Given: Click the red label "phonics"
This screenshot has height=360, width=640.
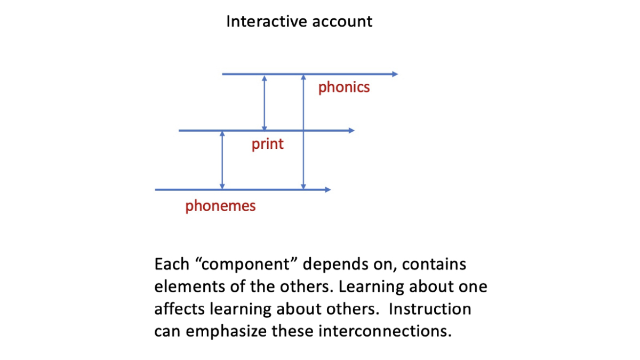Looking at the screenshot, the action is pyautogui.click(x=343, y=87).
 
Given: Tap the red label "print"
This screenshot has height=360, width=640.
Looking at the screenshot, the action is pyautogui.click(x=268, y=144).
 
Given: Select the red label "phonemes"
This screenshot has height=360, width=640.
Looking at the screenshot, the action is pyautogui.click(x=220, y=206).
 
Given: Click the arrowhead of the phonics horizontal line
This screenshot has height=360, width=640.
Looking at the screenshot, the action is pyautogui.click(x=395, y=74).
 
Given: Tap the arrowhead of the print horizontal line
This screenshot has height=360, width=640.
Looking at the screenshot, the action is pyautogui.click(x=351, y=131).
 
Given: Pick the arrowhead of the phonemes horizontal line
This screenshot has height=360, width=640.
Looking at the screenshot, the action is pyautogui.click(x=327, y=189).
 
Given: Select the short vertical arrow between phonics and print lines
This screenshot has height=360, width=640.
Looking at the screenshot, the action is pyautogui.click(x=265, y=102).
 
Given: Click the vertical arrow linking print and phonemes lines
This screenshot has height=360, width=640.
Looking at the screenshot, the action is pyautogui.click(x=222, y=160).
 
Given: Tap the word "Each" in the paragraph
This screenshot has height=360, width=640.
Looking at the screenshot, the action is pyautogui.click(x=171, y=264).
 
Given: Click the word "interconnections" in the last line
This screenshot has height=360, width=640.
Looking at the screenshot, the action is pyautogui.click(x=384, y=331).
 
